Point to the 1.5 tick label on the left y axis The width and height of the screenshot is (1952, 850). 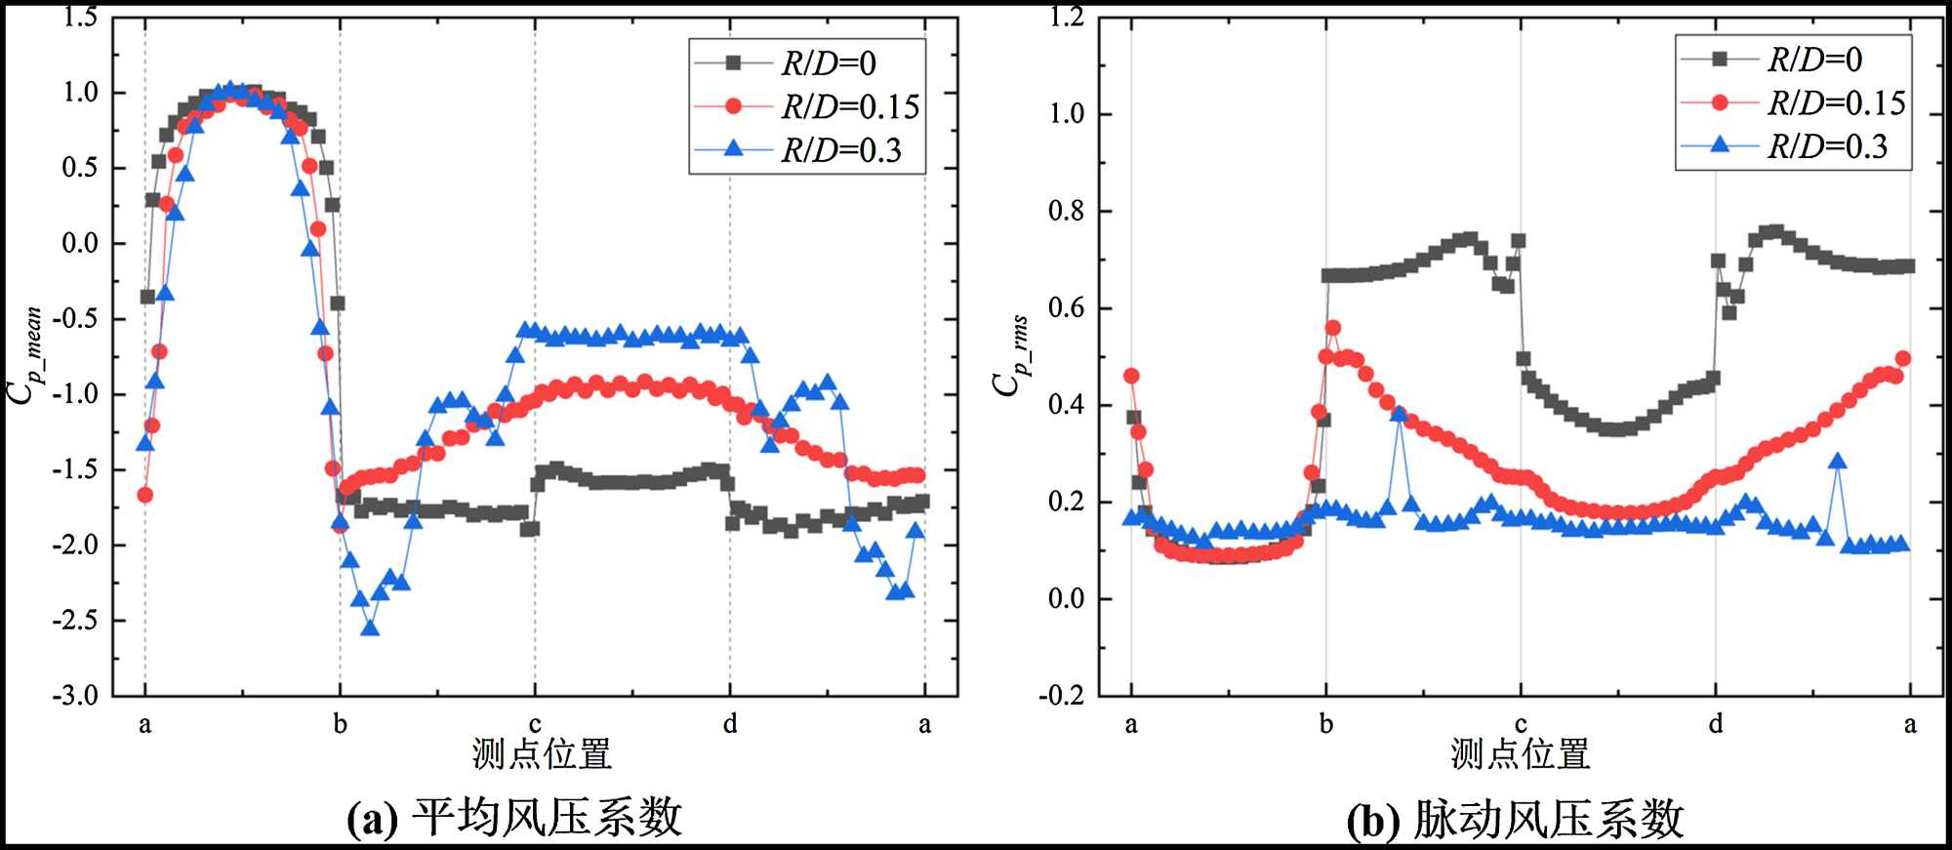pos(80,17)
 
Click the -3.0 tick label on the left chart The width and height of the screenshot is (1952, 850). pos(75,696)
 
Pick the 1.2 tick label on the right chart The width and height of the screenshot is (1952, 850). pos(1066,17)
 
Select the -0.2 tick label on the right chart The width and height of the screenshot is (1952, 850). pos(1061,696)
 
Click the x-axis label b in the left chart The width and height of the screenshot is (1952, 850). pos(340,724)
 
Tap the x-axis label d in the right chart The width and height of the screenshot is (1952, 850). pos(1716,724)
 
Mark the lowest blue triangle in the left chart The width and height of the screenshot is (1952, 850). pos(370,628)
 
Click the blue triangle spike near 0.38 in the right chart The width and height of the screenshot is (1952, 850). pos(1400,414)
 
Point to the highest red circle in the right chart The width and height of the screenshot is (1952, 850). pos(1333,328)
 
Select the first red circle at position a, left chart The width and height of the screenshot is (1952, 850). pos(145,495)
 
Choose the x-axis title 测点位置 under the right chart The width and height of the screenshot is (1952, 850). pos(1520,754)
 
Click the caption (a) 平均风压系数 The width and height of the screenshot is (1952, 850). pos(514,818)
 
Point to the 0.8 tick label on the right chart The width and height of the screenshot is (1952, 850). pos(1066,211)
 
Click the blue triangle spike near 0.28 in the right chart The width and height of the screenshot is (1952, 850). pos(1838,462)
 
